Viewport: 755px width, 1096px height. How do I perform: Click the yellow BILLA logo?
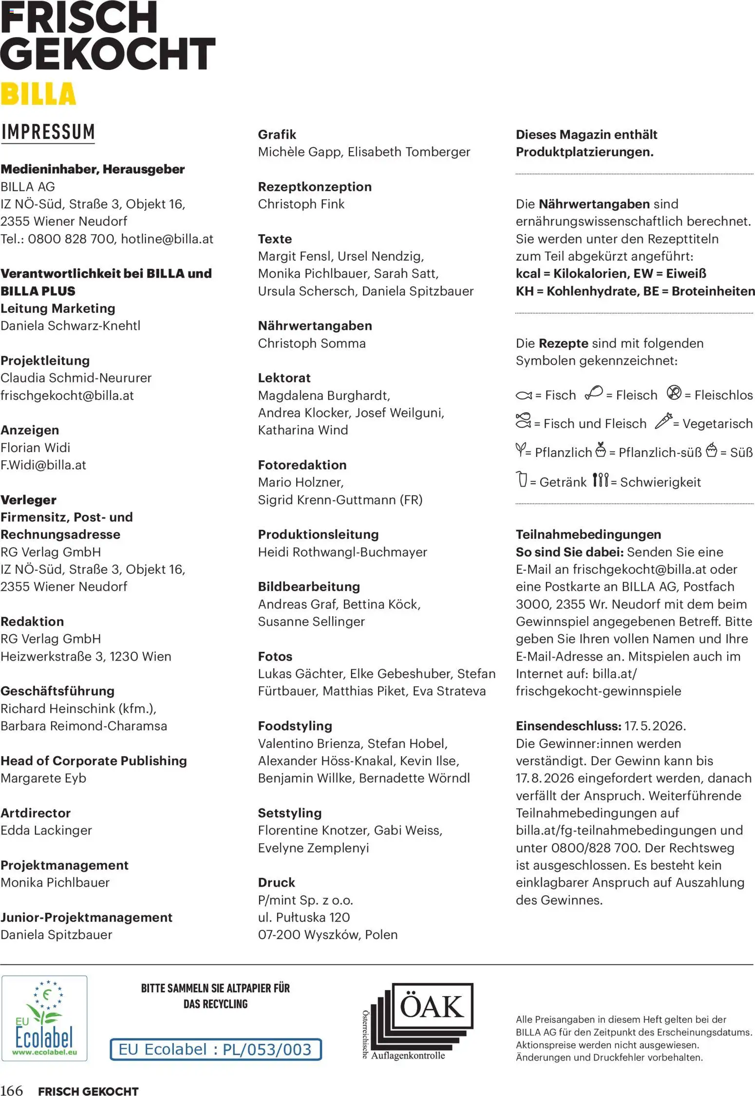click(38, 94)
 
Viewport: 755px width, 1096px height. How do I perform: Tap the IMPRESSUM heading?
click(48, 132)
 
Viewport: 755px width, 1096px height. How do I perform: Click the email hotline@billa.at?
click(167, 239)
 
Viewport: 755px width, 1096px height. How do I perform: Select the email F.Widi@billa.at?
click(43, 465)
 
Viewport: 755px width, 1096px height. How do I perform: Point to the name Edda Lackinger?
click(46, 830)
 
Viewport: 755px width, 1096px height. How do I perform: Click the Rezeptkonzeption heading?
click(315, 187)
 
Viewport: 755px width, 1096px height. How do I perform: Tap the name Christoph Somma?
click(312, 343)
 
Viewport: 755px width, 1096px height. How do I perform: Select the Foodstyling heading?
click(295, 726)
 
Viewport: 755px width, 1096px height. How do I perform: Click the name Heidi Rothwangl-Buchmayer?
click(342, 552)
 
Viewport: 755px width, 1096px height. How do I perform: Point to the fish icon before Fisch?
click(524, 395)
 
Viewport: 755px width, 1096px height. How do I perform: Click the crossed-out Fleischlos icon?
click(674, 393)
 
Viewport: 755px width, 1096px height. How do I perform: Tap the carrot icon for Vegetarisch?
click(663, 421)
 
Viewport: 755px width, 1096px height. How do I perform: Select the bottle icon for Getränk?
click(522, 479)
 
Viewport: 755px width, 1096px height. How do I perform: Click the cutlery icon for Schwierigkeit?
click(601, 480)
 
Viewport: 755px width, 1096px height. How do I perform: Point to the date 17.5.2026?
click(655, 726)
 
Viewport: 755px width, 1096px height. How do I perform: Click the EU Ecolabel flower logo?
click(44, 1018)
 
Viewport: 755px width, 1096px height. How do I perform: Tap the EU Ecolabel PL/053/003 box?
click(215, 1049)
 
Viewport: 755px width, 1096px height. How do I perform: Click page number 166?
click(12, 1090)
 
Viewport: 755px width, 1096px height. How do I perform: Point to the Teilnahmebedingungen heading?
click(588, 534)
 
